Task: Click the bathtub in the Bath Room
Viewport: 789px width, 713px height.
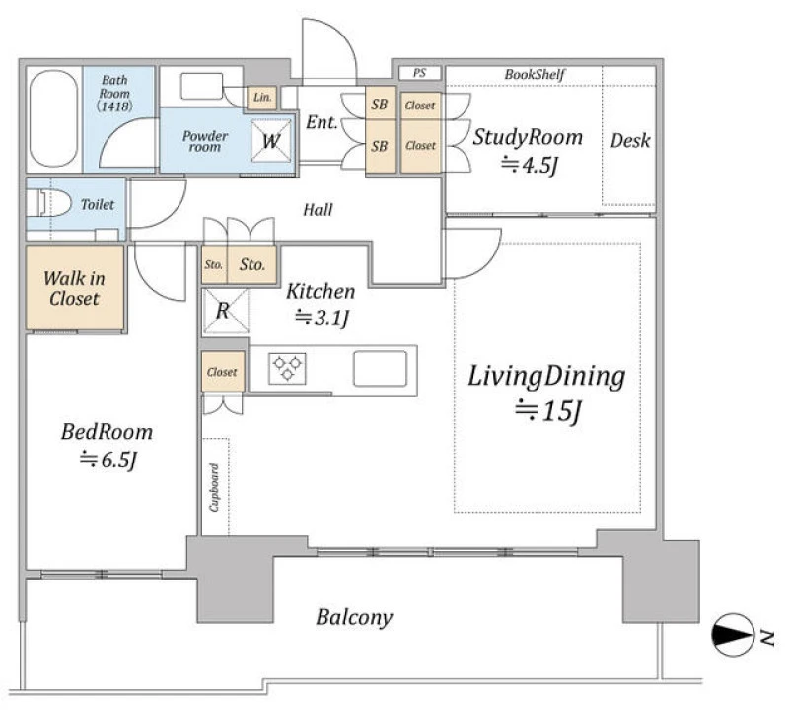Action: coord(54,118)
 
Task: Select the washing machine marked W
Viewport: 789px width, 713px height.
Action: coord(271,141)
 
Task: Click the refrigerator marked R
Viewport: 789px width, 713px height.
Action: coord(226,312)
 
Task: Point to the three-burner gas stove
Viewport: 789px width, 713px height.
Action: coord(287,368)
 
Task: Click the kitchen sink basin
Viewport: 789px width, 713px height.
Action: coord(380,368)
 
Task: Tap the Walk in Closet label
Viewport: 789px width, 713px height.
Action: coord(75,288)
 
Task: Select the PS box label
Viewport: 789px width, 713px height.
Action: coord(420,73)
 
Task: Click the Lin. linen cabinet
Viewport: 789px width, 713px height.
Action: coord(262,98)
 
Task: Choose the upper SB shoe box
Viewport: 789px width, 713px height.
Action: coord(380,106)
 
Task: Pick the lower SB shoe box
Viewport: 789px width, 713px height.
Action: coord(380,147)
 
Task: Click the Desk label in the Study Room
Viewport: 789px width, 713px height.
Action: coord(630,140)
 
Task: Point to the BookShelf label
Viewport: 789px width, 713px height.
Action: coord(535,75)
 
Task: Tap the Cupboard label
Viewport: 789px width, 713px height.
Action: coord(214,487)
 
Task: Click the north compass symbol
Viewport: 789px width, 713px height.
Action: coord(733,635)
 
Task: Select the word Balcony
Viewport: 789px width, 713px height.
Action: coord(354,617)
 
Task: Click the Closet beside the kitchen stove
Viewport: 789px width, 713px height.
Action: coord(222,372)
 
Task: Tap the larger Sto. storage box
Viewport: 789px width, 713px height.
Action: coord(252,264)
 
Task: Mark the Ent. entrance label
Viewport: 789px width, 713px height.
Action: coord(322,122)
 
